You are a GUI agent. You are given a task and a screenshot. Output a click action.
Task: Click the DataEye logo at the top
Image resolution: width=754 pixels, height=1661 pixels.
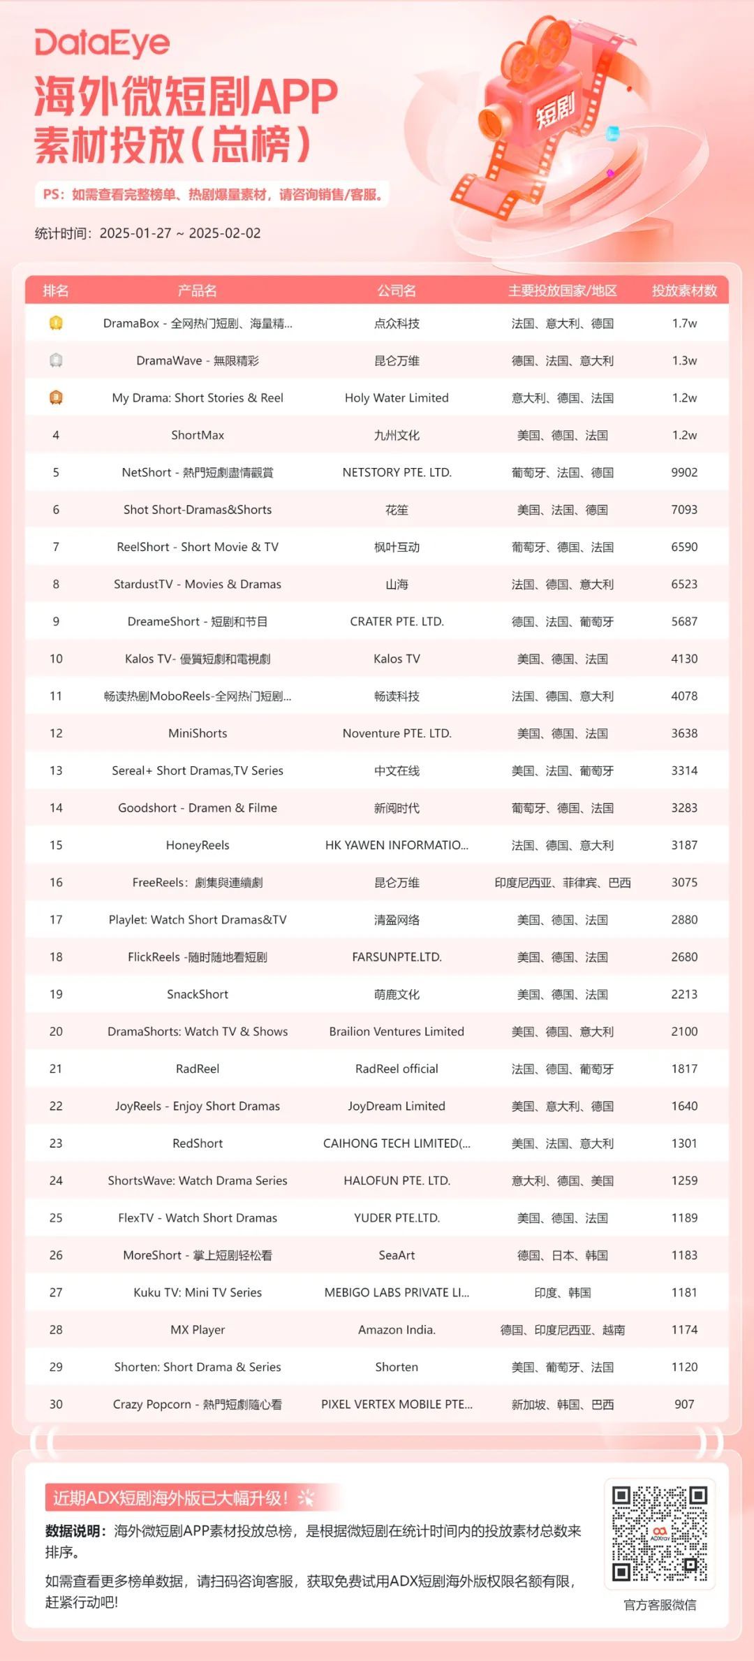click(102, 43)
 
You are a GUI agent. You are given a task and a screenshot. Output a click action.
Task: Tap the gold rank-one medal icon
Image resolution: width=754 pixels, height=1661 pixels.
click(56, 323)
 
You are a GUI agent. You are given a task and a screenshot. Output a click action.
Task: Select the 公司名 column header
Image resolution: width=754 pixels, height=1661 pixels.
click(397, 291)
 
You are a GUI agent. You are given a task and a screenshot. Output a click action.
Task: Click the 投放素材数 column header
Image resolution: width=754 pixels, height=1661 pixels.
click(684, 291)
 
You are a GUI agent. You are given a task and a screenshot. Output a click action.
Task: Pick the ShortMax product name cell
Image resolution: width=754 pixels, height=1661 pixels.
click(198, 435)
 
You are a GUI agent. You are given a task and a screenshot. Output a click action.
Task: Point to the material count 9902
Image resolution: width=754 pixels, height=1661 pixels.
click(684, 472)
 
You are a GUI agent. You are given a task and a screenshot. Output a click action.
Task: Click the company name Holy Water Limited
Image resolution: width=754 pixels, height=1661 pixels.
click(397, 398)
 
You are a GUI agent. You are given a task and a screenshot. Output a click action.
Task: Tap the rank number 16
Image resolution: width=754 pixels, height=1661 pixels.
click(56, 882)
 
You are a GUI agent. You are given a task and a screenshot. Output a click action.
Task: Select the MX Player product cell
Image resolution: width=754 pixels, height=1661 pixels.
click(198, 1329)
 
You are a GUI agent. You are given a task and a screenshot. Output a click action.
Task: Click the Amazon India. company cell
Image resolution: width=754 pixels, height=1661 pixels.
click(397, 1329)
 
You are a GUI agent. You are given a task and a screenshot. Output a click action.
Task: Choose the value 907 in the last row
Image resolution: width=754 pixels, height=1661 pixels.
click(684, 1404)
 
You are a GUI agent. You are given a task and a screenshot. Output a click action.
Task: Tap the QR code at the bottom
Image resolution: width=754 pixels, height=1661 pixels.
click(660, 1533)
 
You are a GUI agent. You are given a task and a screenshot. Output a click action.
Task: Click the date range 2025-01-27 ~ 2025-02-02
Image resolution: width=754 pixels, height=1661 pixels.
click(180, 233)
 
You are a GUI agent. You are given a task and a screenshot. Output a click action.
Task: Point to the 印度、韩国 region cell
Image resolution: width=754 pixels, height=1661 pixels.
click(562, 1292)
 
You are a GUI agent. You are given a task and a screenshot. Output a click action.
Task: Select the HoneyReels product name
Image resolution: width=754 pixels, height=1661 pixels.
click(198, 845)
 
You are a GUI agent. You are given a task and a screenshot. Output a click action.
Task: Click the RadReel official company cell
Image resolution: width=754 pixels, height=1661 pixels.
click(397, 1069)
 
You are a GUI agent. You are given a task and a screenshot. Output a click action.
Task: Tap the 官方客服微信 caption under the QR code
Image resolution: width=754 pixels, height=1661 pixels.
click(660, 1604)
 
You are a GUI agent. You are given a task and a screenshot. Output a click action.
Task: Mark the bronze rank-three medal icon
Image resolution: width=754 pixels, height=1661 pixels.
click(56, 397)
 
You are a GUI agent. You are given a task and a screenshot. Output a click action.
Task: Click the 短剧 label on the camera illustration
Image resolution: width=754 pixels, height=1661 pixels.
click(555, 110)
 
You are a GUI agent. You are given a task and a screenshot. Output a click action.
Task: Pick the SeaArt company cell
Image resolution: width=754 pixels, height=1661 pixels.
click(397, 1255)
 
